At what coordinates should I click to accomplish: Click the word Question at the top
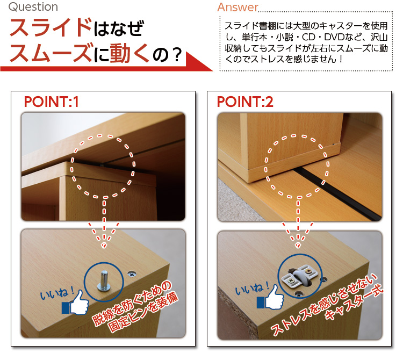pyautogui.click(x=33, y=7)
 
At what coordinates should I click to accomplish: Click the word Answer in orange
pyautogui.click(x=238, y=7)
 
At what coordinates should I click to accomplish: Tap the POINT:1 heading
pyautogui.click(x=51, y=102)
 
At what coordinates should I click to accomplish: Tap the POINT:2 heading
pyautogui.click(x=245, y=102)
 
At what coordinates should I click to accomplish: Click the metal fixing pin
pyautogui.click(x=103, y=280)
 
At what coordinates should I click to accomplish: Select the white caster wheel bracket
pyautogui.click(x=299, y=278)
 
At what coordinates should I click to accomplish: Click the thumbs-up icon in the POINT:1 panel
pyautogui.click(x=76, y=303)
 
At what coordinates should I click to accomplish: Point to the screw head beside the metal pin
pyautogui.click(x=132, y=275)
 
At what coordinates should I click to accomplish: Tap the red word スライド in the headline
pyautogui.click(x=51, y=27)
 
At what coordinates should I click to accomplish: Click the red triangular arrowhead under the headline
pyautogui.click(x=198, y=62)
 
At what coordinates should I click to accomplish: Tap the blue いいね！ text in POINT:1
pyautogui.click(x=57, y=293)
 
